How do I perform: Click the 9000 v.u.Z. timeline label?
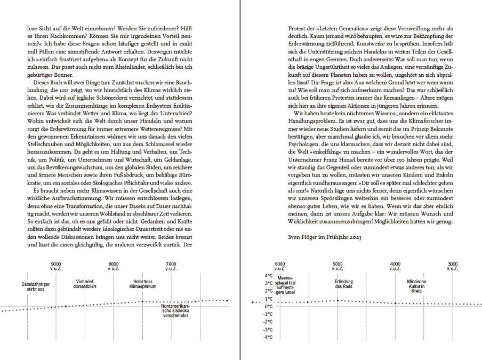56,266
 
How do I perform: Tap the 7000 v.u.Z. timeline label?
171,266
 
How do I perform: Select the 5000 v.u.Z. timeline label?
338,266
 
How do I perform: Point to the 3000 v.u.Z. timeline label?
453,266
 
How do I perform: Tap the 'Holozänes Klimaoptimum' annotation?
141,284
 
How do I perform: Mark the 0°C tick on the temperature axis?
268,307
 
